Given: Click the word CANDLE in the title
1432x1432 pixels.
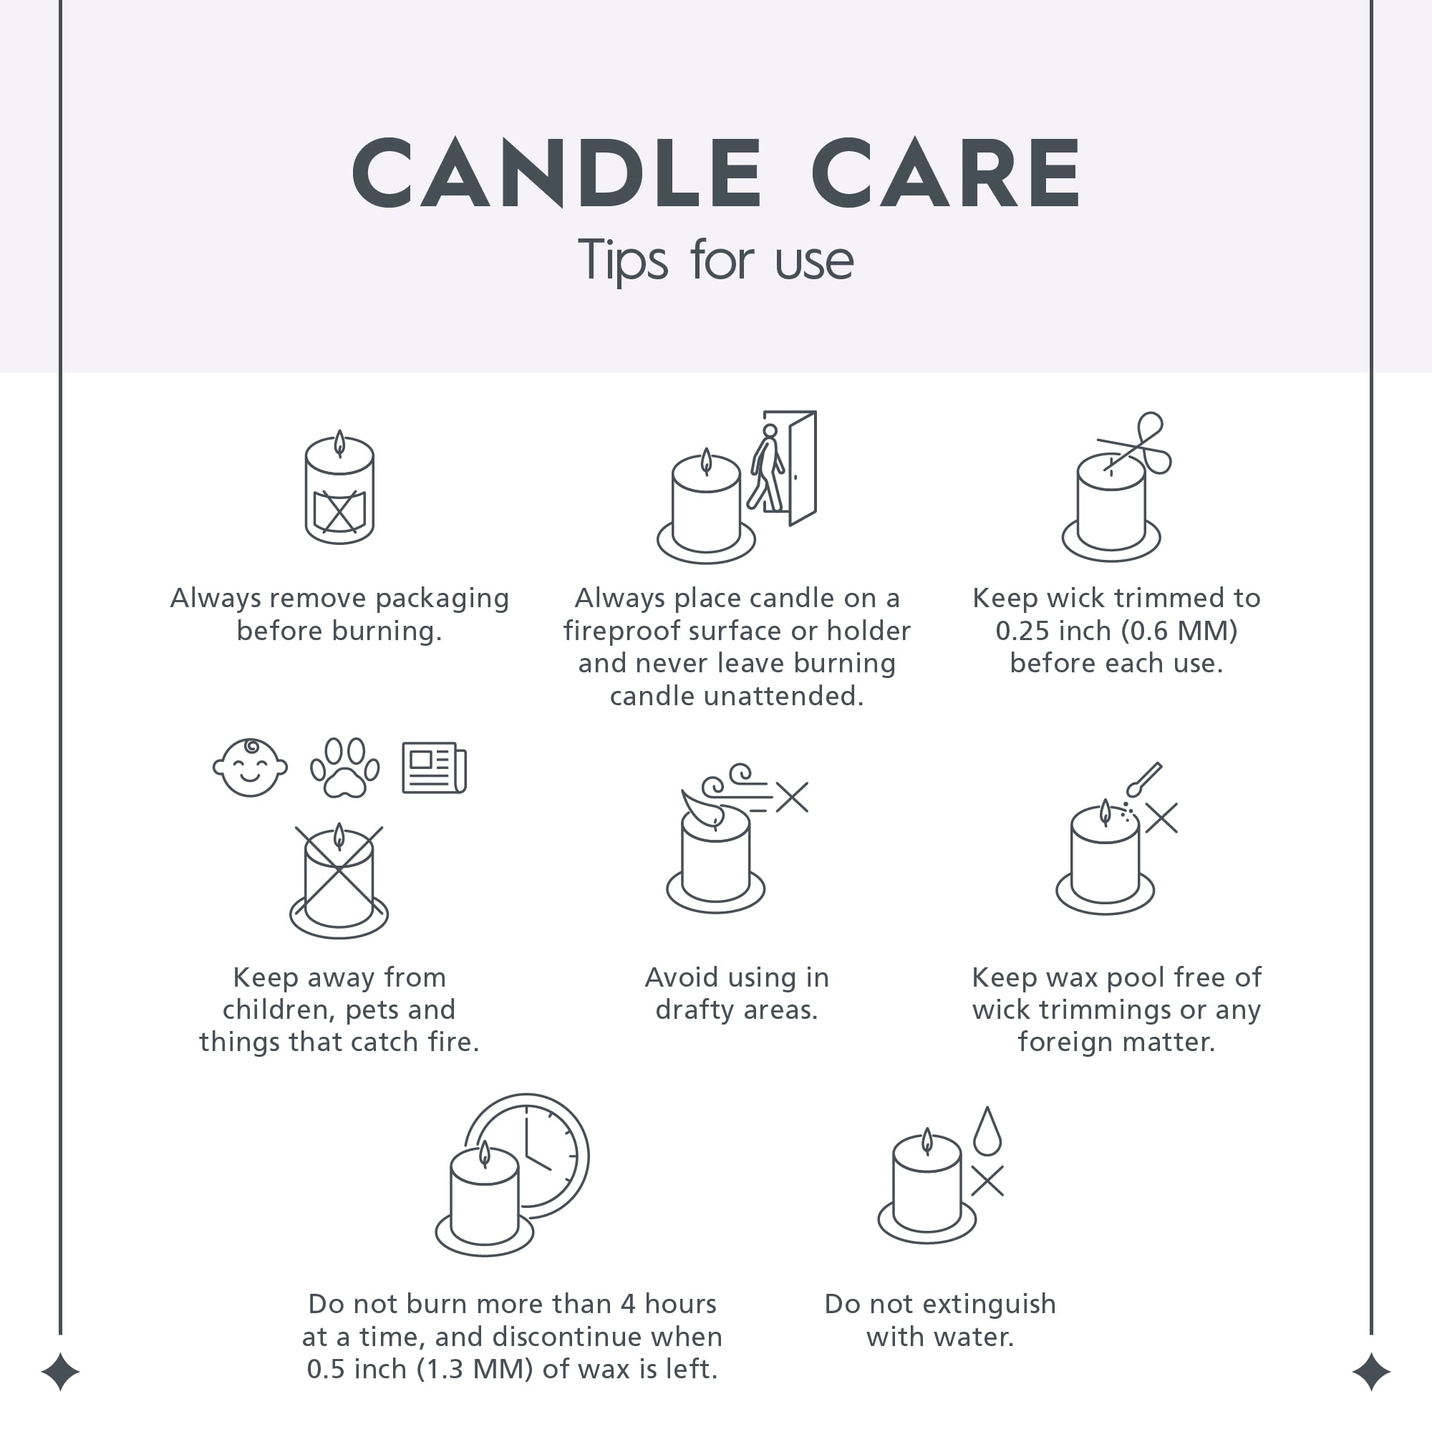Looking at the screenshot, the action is point(556,173).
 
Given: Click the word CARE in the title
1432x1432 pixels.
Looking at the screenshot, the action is point(947,173).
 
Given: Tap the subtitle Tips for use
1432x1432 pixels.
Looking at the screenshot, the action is point(715,260).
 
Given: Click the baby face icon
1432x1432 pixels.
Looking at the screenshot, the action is point(250,767).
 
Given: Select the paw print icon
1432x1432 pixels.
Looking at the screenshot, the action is point(344,767).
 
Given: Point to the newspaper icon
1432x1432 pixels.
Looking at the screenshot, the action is point(435,768).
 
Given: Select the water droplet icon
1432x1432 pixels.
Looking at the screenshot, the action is point(987,1131).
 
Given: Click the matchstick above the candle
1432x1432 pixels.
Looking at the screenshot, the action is point(1143,780).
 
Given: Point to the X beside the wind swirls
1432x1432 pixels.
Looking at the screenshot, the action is point(793,798).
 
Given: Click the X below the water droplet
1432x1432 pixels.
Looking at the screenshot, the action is point(987,1181).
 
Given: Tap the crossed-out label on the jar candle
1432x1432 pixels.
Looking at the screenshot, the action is point(339,511).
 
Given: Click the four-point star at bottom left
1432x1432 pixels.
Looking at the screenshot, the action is point(60,1372).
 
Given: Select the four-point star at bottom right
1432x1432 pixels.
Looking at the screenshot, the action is point(1371,1372).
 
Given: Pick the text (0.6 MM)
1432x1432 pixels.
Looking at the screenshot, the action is point(1179,631).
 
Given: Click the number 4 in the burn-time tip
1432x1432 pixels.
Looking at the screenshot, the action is point(628,1304).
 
